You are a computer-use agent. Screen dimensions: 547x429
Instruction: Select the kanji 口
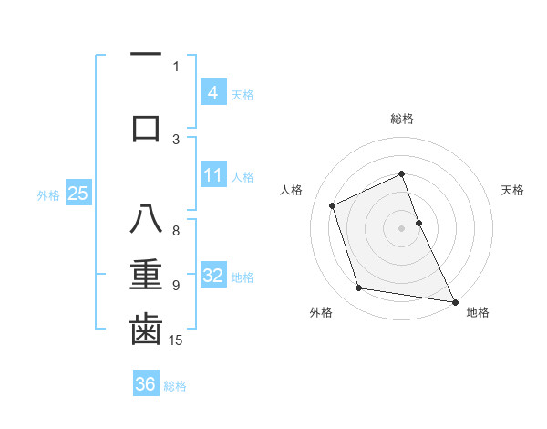(146, 127)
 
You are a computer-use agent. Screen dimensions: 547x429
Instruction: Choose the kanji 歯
(146, 330)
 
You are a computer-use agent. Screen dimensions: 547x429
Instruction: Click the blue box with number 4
(212, 92)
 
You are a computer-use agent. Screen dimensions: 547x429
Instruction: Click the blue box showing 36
(146, 384)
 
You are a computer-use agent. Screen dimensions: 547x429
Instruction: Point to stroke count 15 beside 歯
(177, 341)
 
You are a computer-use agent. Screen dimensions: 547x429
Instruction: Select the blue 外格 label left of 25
(48, 194)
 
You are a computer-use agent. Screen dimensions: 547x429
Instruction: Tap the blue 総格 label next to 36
(175, 386)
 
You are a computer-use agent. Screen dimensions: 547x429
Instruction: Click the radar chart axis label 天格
(512, 190)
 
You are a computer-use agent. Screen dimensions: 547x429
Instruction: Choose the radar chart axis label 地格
(478, 312)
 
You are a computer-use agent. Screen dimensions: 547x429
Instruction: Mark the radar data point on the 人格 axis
(333, 205)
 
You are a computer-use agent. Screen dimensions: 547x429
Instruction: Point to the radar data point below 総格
(401, 173)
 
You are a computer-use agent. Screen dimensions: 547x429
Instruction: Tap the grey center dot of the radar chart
(401, 227)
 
